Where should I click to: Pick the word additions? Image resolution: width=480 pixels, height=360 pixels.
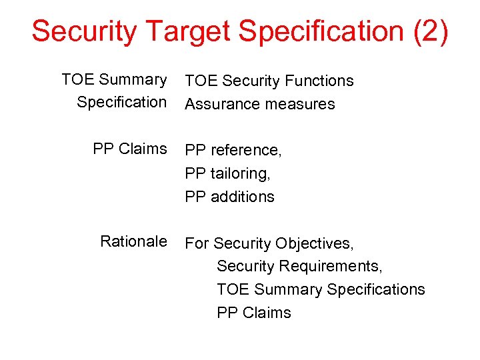coord(243,197)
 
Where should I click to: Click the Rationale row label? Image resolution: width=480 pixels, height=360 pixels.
coord(133,241)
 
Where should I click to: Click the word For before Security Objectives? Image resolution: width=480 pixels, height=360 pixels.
coord(197,243)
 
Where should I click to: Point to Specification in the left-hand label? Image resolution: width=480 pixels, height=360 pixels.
coord(121,102)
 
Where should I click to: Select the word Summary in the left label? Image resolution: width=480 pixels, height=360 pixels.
coord(133,79)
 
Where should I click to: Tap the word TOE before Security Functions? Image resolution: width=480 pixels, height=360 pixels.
coord(201,81)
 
